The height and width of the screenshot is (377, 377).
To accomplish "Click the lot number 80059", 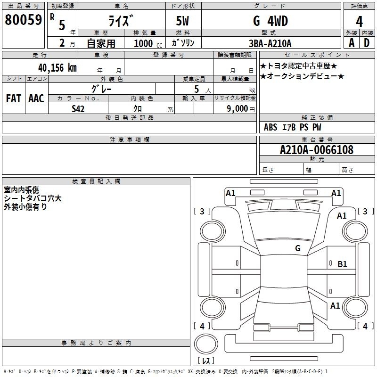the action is point(23,20).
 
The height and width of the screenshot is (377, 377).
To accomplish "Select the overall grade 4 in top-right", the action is point(359,21).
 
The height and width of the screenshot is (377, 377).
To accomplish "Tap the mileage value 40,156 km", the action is point(57,68).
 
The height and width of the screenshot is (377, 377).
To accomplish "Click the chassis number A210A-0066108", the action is point(317,150).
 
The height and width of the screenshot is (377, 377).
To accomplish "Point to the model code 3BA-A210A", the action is point(270,43).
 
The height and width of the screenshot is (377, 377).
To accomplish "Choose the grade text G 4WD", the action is point(270,21).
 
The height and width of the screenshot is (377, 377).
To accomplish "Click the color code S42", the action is point(78,109).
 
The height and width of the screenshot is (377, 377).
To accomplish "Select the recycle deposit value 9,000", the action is point(237,108).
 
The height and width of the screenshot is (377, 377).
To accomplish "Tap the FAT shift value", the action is point(14,98).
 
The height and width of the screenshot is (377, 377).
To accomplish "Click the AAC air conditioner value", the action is point(36,98).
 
